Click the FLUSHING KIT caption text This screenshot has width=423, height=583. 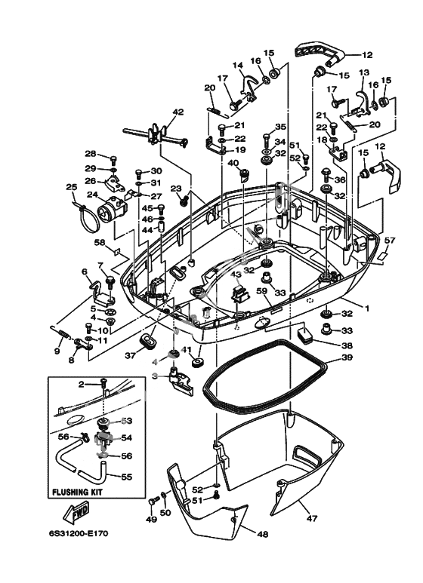pyautogui.click(x=77, y=492)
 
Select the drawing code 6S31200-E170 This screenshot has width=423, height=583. pyautogui.click(x=79, y=533)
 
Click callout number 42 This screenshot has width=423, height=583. pyautogui.click(x=178, y=112)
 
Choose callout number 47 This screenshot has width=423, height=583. pyautogui.click(x=312, y=517)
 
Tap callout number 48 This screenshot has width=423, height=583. pyautogui.click(x=263, y=534)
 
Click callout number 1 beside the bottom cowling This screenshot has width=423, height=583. pyautogui.click(x=367, y=308)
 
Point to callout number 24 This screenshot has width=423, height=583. pyautogui.click(x=93, y=195)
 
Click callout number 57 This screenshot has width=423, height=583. pyautogui.click(x=389, y=241)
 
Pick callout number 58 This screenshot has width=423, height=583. pyautogui.click(x=100, y=242)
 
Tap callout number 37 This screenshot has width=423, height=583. pyautogui.click(x=130, y=355)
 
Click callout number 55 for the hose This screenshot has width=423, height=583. pyautogui.click(x=127, y=477)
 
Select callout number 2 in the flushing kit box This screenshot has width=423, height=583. pyautogui.click(x=82, y=385)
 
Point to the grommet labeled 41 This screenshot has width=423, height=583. pyautogui.click(x=197, y=362)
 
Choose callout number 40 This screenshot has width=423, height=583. pyautogui.click(x=233, y=162)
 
